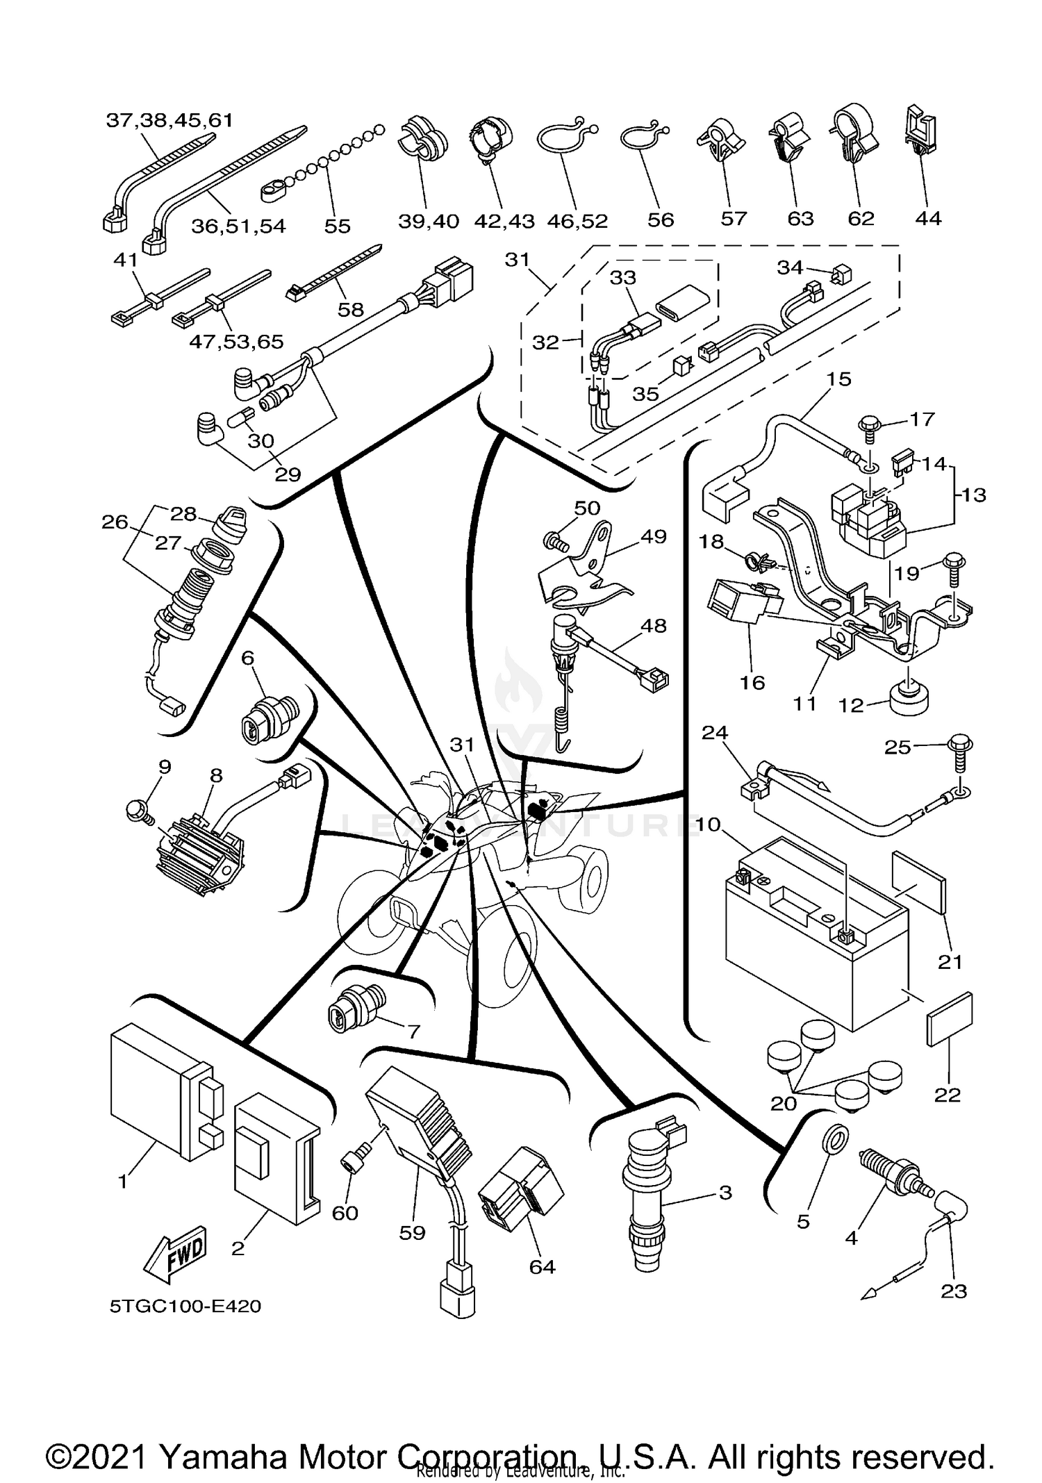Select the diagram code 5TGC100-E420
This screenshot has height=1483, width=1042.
point(185,1307)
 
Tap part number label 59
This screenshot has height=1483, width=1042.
point(412,1233)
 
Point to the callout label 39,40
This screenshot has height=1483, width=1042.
point(429,221)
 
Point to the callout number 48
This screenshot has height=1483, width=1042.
point(653,625)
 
